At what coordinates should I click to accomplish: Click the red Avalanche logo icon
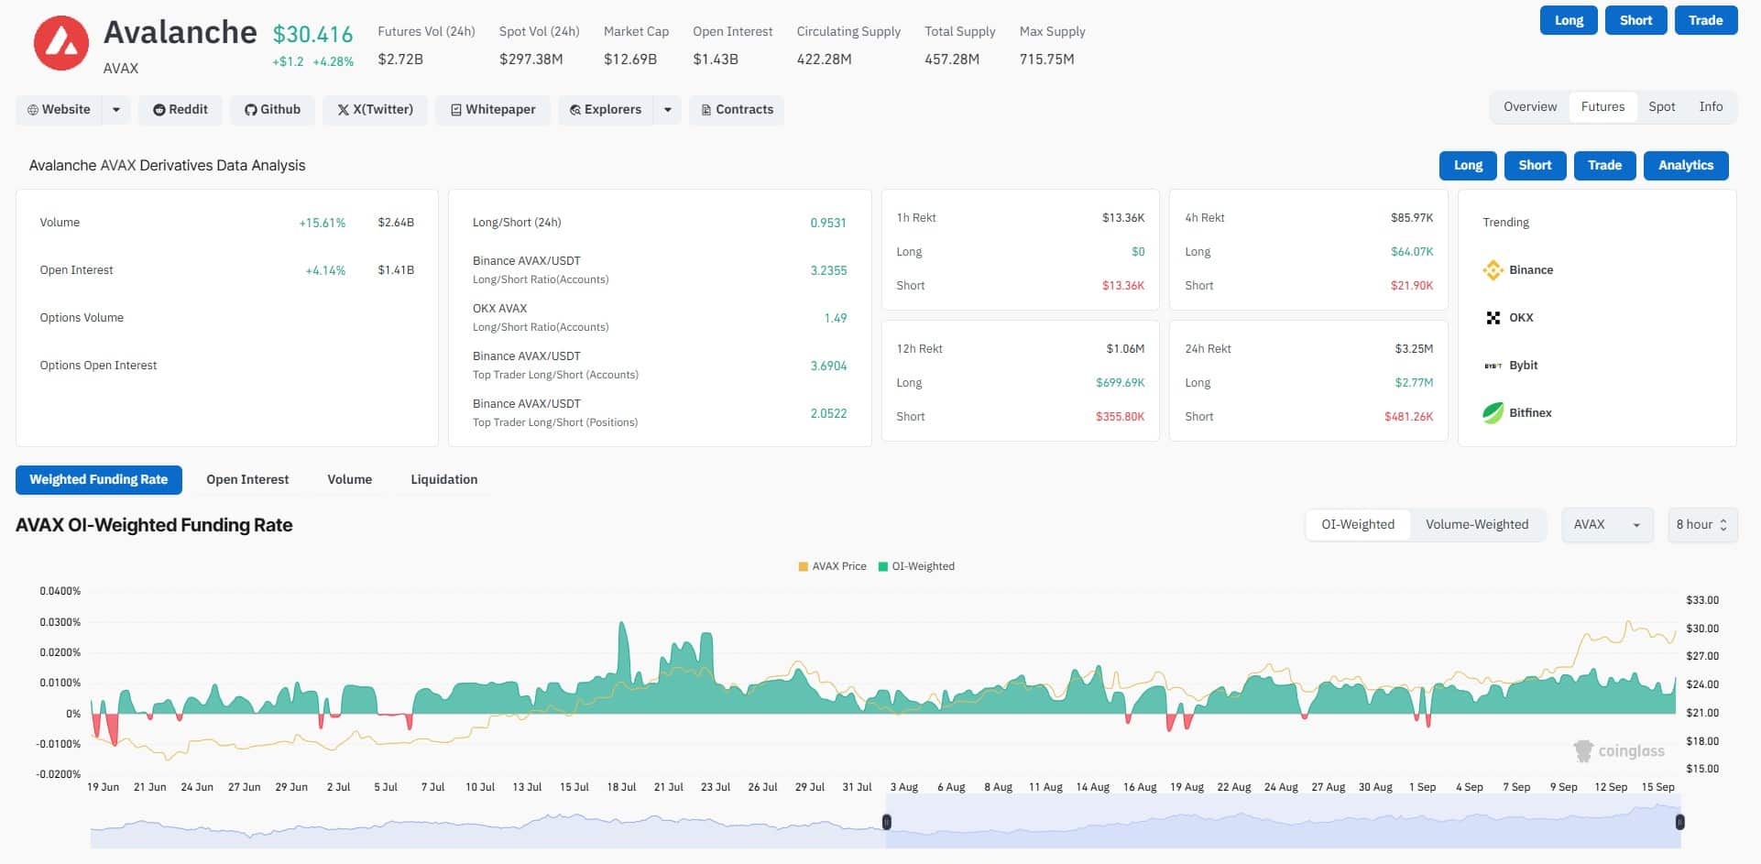(x=61, y=43)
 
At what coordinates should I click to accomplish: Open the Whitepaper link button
(x=492, y=110)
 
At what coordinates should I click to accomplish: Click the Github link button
(x=272, y=110)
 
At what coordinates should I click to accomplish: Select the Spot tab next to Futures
(x=1661, y=107)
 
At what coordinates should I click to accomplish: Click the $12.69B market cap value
(x=629, y=60)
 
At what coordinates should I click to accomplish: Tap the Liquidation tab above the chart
(x=443, y=480)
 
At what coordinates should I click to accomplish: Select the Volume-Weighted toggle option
(x=1476, y=525)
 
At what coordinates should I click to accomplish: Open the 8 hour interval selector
(x=1701, y=525)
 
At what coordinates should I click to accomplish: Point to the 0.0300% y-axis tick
(x=60, y=622)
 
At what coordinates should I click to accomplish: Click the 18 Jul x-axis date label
(x=621, y=788)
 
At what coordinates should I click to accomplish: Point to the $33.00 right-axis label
(x=1701, y=600)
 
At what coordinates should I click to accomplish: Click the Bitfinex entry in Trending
(x=1529, y=413)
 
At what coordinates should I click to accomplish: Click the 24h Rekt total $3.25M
(x=1414, y=349)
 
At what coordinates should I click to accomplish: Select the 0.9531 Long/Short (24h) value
(x=827, y=224)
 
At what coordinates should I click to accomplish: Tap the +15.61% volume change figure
(x=322, y=224)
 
